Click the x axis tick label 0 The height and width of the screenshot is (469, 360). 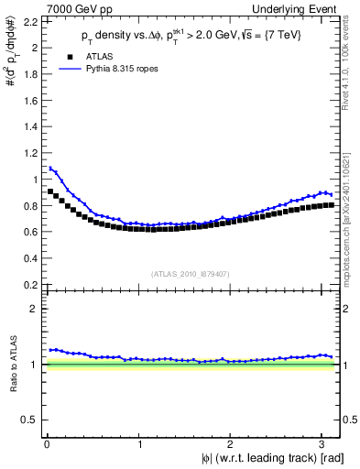click(46, 445)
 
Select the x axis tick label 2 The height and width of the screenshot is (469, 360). click(233, 445)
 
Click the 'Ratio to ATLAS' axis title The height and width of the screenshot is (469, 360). click(11, 365)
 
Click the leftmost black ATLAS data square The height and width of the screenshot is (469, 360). click(50, 191)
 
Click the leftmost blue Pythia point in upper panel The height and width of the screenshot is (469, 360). click(50, 168)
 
